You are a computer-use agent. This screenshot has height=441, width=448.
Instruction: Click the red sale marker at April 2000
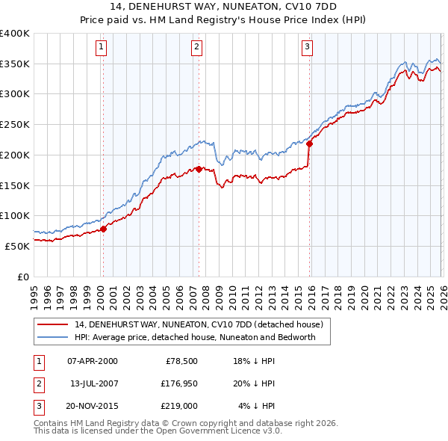103,229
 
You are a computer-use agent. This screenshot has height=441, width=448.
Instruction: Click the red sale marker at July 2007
199,169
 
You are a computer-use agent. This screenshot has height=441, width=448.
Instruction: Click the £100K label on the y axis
15,215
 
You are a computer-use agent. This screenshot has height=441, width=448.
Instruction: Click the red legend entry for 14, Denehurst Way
198,324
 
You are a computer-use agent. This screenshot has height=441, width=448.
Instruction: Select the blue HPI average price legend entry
195,337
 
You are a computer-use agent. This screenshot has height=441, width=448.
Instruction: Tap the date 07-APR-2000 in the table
92,361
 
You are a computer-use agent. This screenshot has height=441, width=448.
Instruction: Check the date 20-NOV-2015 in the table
92,406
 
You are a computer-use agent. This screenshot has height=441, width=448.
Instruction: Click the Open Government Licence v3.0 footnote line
158,431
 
